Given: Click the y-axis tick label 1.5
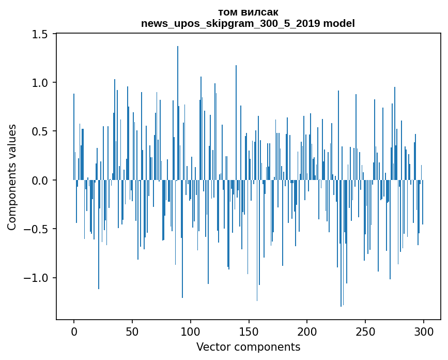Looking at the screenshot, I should pos(40,34).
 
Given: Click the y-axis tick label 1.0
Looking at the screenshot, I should pos(40,83).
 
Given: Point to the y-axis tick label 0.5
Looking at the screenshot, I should pos(40,131).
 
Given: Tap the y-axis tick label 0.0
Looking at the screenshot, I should pos(40,181).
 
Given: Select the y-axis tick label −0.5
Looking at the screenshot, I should pos(36,229).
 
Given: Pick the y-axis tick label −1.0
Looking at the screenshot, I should pos(36,278).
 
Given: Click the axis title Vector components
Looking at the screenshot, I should pos(248,347).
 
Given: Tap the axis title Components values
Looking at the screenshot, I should pos(12,177).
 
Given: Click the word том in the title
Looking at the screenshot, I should pos(227,12).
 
